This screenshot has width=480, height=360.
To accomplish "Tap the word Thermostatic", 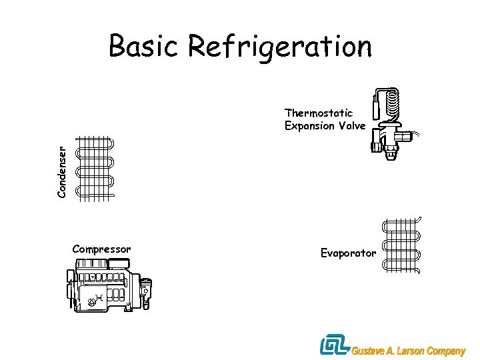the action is tap(319, 113).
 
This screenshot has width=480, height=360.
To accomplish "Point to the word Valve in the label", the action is tap(352, 126).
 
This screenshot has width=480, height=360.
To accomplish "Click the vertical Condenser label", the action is tap(61, 172).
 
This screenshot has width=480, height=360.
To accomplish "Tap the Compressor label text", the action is tap(101, 249).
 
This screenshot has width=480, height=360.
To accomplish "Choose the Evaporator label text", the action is tap(348, 253).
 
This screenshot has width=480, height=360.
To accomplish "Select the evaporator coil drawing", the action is tap(402, 245).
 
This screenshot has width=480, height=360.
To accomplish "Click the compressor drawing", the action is tap(109, 286).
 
